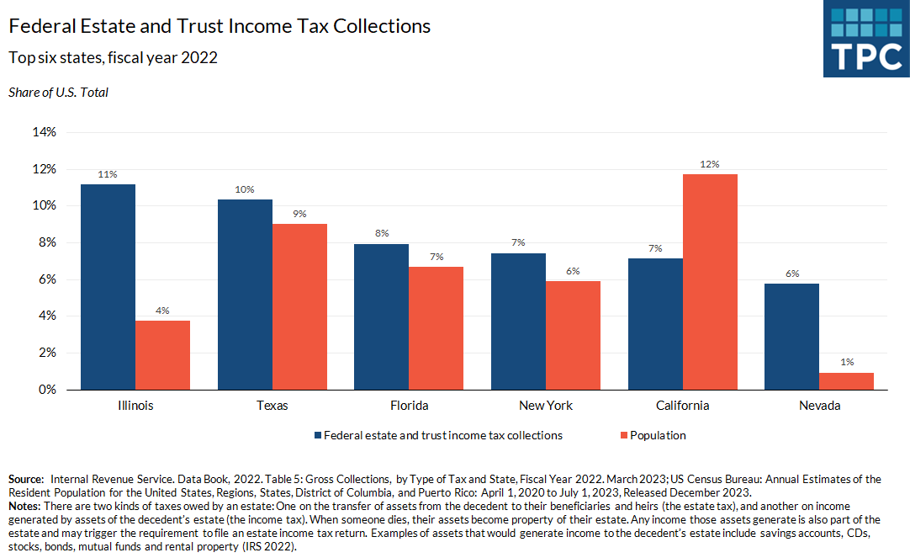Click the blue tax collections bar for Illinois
(x=108, y=287)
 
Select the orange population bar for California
(x=710, y=282)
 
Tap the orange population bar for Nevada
(x=846, y=381)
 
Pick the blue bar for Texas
(x=245, y=295)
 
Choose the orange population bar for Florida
(x=436, y=328)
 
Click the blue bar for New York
(x=518, y=322)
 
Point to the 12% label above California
(x=710, y=165)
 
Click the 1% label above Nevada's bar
(x=846, y=362)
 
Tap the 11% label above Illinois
(x=108, y=175)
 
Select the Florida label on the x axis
(x=409, y=406)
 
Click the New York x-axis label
(x=546, y=406)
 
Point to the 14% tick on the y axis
(x=45, y=132)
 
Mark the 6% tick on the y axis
(x=47, y=279)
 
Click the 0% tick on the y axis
(x=47, y=390)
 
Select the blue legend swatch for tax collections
(x=318, y=435)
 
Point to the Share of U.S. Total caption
(x=58, y=93)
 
